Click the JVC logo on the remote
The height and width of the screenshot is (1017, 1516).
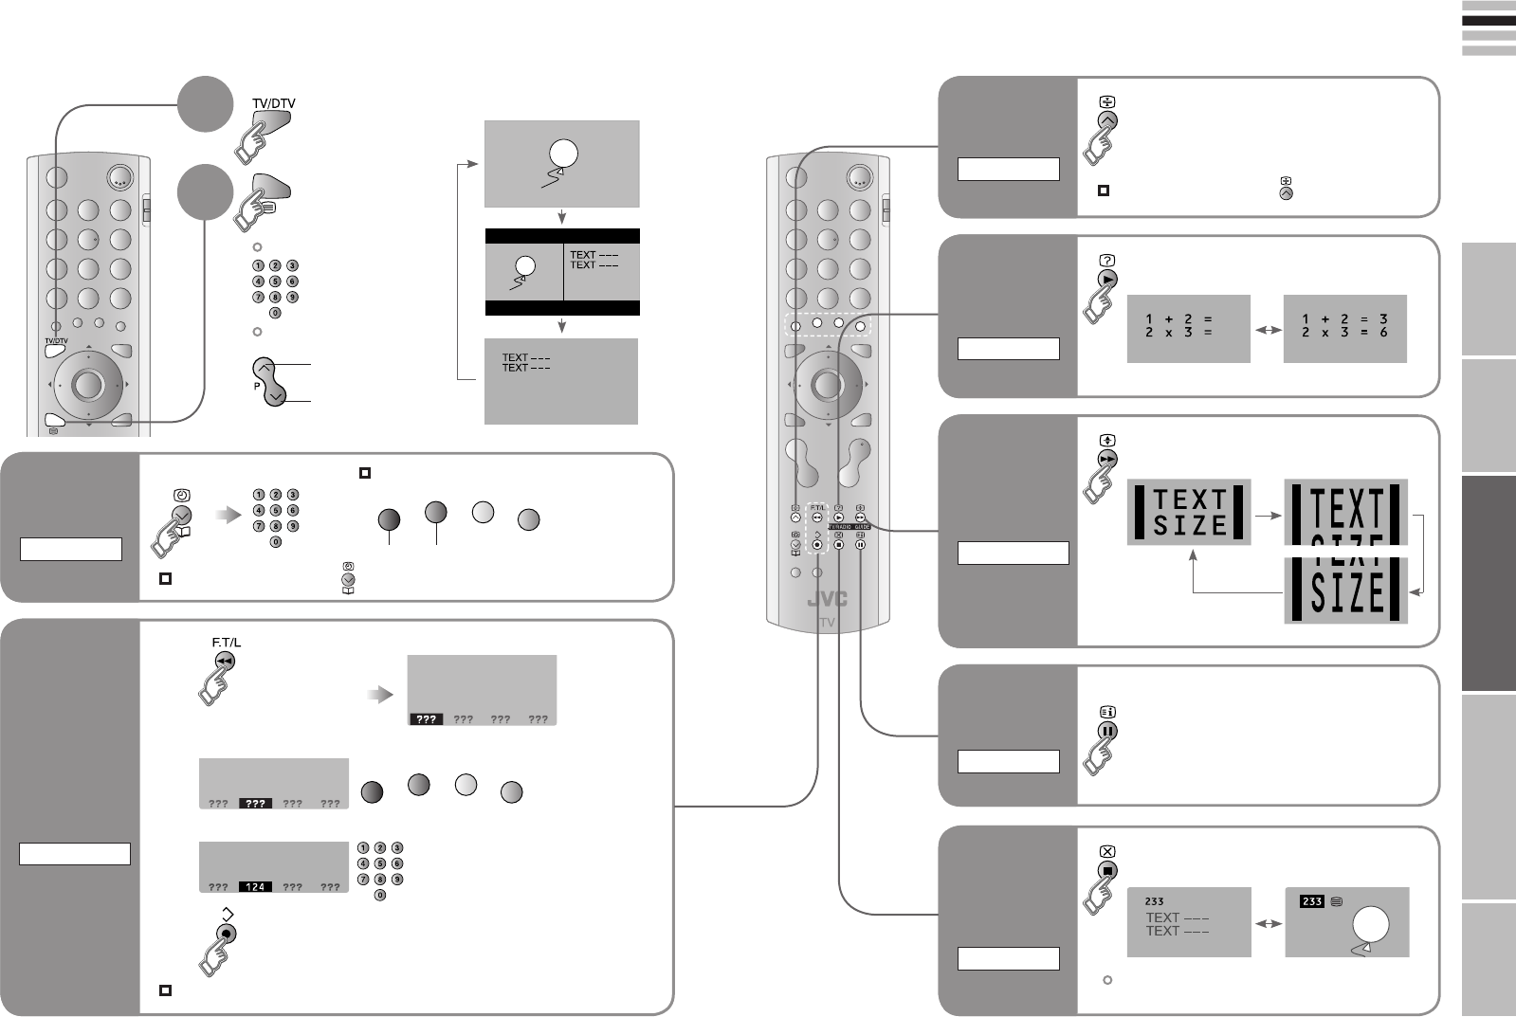click(x=828, y=600)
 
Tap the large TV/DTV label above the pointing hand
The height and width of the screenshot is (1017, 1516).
click(x=273, y=103)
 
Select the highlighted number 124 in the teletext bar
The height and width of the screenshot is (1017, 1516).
click(x=255, y=887)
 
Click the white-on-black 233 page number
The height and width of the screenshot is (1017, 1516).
click(x=1311, y=901)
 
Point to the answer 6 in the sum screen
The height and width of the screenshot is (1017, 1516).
click(x=1384, y=333)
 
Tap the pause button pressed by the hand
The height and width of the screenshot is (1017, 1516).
click(x=1106, y=731)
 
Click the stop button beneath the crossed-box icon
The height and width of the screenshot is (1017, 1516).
click(x=1106, y=870)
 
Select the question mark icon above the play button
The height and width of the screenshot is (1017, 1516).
click(x=1106, y=260)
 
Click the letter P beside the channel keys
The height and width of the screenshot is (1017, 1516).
click(x=256, y=387)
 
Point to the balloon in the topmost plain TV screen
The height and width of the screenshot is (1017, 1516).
click(x=562, y=154)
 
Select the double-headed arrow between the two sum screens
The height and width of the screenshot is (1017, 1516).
click(x=1267, y=330)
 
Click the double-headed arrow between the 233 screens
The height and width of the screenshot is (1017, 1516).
click(x=1268, y=922)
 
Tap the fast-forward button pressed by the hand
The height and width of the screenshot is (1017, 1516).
click(x=1106, y=459)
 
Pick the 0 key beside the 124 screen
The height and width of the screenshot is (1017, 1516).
click(x=380, y=895)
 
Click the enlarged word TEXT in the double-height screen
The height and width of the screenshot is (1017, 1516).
click(x=1346, y=509)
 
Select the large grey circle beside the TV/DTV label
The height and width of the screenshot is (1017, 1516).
click(x=205, y=104)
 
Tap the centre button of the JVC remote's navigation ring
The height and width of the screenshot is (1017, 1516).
click(x=827, y=384)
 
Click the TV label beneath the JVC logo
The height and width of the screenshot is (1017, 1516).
click(x=828, y=623)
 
